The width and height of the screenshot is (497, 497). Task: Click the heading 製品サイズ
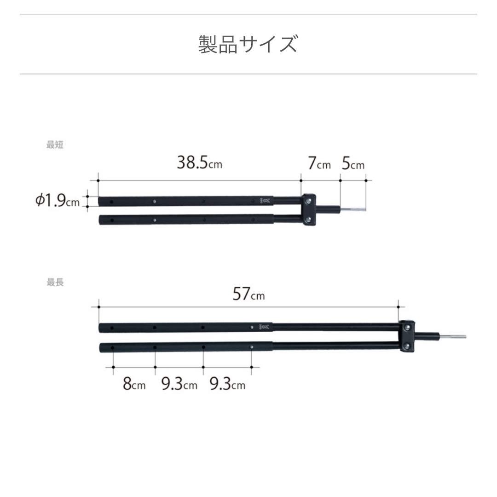(x=248, y=44)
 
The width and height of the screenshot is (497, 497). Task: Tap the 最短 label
(x=55, y=144)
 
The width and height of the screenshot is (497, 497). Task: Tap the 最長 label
(x=55, y=283)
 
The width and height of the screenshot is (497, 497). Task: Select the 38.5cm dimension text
(x=199, y=163)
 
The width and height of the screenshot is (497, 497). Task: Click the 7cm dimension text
(x=319, y=164)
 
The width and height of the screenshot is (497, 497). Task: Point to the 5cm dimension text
(x=353, y=164)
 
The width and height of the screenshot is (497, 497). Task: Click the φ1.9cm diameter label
(x=58, y=201)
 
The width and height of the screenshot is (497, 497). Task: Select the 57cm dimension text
(x=248, y=294)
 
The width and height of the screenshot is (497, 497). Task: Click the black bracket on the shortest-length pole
(x=308, y=210)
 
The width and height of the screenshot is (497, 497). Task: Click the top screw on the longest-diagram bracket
(x=407, y=327)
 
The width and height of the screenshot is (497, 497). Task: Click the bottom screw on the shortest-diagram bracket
(x=308, y=220)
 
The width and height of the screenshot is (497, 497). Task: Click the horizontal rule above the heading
(x=248, y=15)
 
